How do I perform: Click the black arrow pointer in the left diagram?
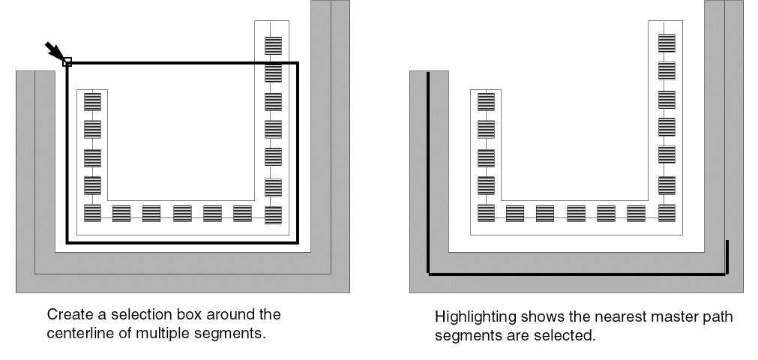point(53,51)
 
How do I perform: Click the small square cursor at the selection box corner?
point(67,62)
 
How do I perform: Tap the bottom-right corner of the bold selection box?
point(297,242)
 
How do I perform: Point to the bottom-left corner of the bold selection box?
point(67,242)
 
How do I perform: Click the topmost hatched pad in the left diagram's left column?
point(92,101)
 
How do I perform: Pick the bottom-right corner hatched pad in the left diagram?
point(273,214)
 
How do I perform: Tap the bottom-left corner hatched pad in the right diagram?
point(486,213)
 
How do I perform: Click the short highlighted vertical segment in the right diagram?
point(727,257)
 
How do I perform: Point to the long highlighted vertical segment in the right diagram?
point(427,172)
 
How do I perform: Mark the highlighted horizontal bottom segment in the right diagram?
point(577,274)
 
